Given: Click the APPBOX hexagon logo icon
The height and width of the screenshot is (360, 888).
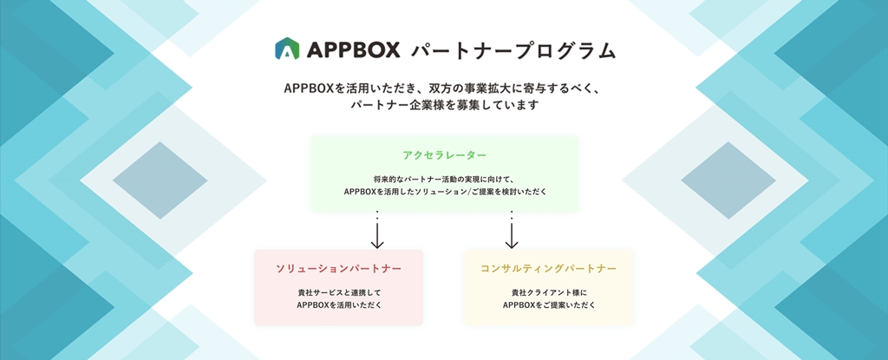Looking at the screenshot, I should tap(287, 49).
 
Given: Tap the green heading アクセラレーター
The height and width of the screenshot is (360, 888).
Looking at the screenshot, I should tap(445, 155).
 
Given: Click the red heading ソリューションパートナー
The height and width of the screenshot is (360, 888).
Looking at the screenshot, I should tap(338, 269).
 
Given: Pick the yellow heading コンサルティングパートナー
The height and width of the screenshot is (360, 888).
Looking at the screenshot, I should tap(548, 269).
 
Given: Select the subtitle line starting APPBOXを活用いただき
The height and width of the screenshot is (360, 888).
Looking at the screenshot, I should tap(444, 88).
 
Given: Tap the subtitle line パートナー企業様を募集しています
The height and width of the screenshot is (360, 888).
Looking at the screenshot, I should tap(444, 106).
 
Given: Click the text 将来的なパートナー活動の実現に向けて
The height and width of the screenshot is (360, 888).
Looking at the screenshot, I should tap(444, 178).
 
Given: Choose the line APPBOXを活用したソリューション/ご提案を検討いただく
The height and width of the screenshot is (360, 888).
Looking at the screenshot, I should tap(445, 191).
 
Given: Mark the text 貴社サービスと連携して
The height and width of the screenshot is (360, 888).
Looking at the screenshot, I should tap(338, 293).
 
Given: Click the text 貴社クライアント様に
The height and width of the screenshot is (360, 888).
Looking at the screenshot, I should tap(548, 293).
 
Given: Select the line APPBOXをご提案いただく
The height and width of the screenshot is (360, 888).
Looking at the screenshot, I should tap(548, 305).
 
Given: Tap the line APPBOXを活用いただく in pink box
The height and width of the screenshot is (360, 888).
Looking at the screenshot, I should tap(338, 305).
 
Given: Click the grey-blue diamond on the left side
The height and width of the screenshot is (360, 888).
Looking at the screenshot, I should tap(147, 180).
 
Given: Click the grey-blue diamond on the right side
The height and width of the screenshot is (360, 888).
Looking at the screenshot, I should tap(740, 180).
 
